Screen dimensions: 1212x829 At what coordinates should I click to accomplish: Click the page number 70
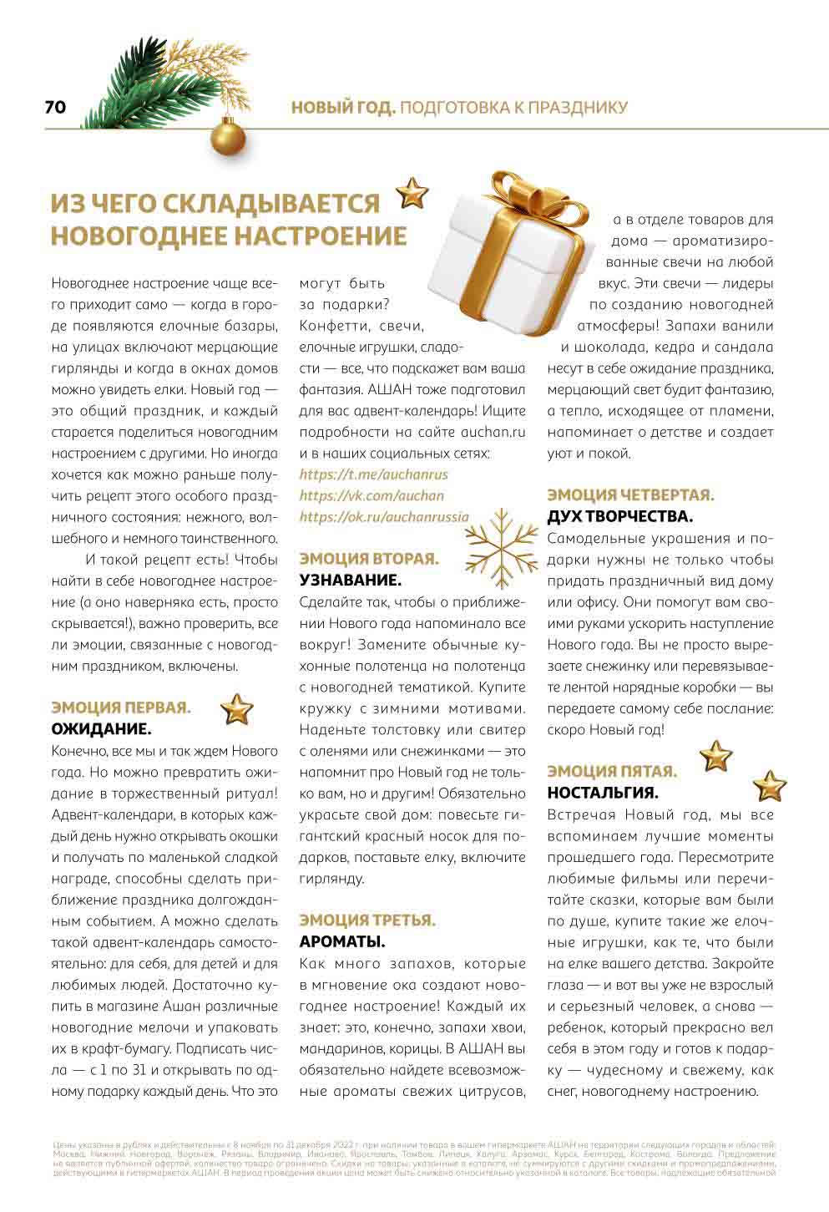coord(55,108)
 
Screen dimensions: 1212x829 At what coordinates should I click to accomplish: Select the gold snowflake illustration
coord(502,549)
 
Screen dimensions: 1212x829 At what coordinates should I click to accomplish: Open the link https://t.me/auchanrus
coord(373,474)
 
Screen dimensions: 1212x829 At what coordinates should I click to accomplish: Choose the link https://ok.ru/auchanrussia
coord(384,517)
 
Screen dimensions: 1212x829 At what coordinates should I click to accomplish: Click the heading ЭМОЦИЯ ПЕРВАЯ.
coord(121,707)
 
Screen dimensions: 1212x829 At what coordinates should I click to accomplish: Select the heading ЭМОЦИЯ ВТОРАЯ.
coord(368,559)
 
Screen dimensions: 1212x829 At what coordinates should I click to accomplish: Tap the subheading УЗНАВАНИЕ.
coord(350,580)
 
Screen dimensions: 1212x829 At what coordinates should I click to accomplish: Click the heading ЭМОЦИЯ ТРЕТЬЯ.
coord(367,920)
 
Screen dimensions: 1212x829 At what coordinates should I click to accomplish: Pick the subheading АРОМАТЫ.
coord(342,942)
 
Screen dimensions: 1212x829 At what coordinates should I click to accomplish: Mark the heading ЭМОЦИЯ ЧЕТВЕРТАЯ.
coord(630,495)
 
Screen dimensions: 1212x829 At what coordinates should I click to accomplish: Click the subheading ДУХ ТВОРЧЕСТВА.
coord(620,516)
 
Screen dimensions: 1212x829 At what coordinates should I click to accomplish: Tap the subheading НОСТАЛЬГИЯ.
coord(603,793)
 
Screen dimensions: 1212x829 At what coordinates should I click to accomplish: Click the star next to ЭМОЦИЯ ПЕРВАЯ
coord(237,710)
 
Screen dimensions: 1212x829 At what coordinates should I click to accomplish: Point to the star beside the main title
coord(412,193)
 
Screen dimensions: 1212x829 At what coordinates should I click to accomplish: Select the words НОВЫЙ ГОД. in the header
coord(342,108)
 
